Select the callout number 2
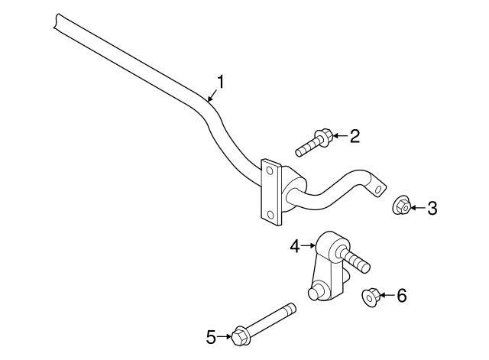tap(354, 136)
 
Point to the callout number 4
tap(295, 246)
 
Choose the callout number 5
tap(212, 336)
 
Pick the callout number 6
tap(402, 294)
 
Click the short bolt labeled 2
tap(313, 143)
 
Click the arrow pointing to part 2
tap(340, 137)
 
